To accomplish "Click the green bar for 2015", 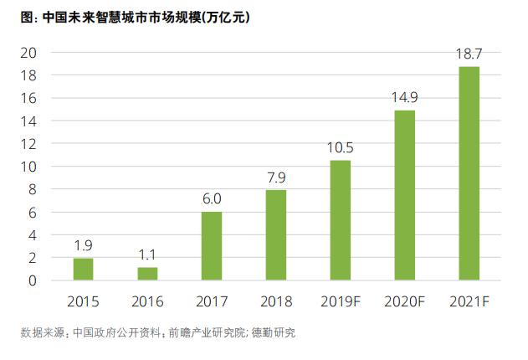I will (x=84, y=269).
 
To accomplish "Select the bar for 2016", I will (x=148, y=274).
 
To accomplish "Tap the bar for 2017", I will (x=212, y=246).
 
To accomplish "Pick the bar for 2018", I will (x=276, y=235).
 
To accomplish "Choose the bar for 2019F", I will (x=340, y=220).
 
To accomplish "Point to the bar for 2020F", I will (x=404, y=195).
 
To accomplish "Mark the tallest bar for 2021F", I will (x=469, y=173).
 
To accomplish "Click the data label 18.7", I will (x=469, y=54).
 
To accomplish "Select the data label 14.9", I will (x=404, y=98).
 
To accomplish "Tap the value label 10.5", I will (x=340, y=148).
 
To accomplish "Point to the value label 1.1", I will (x=148, y=255).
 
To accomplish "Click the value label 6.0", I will (x=212, y=200).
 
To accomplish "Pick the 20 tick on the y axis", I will (x=28, y=52).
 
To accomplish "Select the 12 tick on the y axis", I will (x=28, y=143).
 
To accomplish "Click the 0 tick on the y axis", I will (x=32, y=280).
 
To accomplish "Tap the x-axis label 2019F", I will (x=340, y=301).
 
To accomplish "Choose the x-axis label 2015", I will (x=84, y=301).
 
